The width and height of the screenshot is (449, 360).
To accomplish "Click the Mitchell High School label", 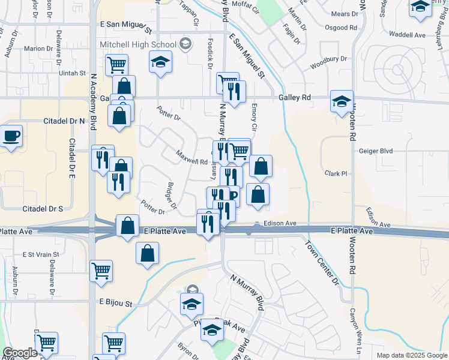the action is tap(138, 44).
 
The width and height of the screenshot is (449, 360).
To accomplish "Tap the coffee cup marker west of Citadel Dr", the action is tap(11, 136).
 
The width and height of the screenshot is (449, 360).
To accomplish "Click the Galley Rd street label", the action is tap(295, 97).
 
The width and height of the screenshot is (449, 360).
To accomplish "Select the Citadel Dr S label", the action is tap(43, 209).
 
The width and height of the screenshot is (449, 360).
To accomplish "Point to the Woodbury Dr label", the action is tap(328, 61).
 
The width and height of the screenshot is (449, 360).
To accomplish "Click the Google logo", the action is tap(20, 353).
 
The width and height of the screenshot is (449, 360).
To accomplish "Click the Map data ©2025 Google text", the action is tap(411, 355).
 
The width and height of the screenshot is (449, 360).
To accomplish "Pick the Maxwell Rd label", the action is tap(191, 158).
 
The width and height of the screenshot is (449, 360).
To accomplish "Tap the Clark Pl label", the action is tap(336, 173).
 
